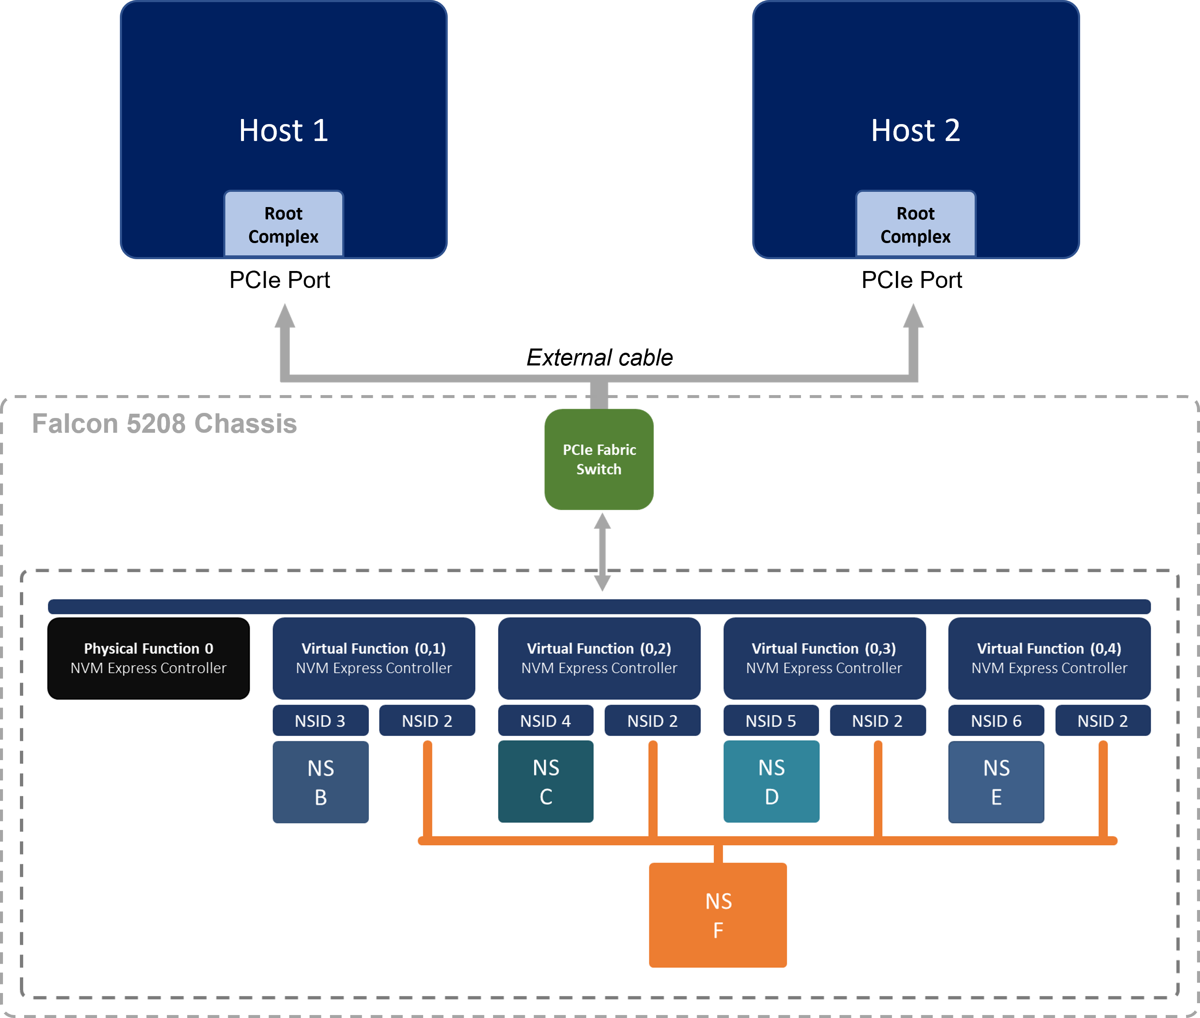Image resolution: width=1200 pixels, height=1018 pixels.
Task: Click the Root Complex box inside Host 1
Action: click(283, 224)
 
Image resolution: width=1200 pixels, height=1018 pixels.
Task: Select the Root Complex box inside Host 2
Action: click(915, 224)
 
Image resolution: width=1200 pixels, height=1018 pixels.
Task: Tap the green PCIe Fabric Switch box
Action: click(599, 459)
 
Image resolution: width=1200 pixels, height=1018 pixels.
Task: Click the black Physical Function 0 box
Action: click(148, 658)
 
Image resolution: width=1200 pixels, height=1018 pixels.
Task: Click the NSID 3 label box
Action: click(320, 721)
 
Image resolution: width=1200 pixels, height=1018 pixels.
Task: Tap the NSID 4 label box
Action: click(546, 721)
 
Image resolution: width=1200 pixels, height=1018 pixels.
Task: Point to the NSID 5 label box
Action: click(771, 721)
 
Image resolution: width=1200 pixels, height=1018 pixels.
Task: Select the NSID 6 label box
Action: click(996, 721)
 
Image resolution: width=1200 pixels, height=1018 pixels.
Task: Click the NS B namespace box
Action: click(320, 782)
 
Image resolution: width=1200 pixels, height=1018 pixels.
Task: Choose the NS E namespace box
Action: click(996, 782)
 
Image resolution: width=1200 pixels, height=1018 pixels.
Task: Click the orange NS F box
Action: click(718, 915)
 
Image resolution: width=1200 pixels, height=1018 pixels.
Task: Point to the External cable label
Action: click(600, 358)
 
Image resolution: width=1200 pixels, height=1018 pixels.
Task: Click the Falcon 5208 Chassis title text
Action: click(164, 423)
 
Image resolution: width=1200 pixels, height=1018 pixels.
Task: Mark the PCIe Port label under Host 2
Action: click(912, 280)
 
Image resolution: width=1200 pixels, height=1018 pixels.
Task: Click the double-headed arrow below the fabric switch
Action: click(602, 552)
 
